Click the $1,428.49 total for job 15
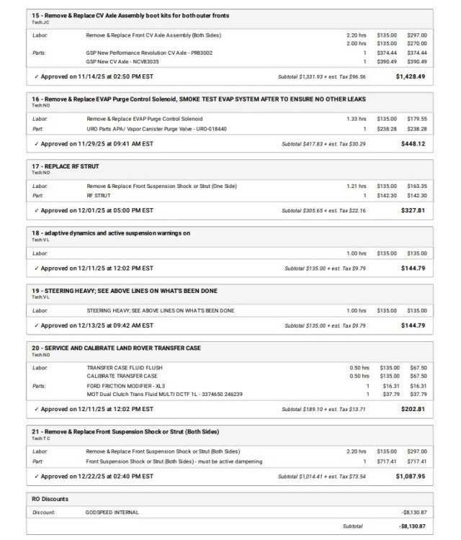coord(410,76)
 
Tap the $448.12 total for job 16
coord(413,143)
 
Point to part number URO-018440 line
coord(156,129)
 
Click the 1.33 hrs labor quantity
coord(356,119)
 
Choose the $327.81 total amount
coord(413,210)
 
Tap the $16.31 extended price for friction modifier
coord(418,385)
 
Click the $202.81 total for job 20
coord(413,409)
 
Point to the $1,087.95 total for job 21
coord(410,476)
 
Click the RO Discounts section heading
coord(50,498)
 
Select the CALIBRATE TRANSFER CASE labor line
coord(122,376)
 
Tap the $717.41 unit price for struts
coord(387,462)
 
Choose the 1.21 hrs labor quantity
coord(356,186)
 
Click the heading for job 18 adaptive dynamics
coord(110,233)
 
